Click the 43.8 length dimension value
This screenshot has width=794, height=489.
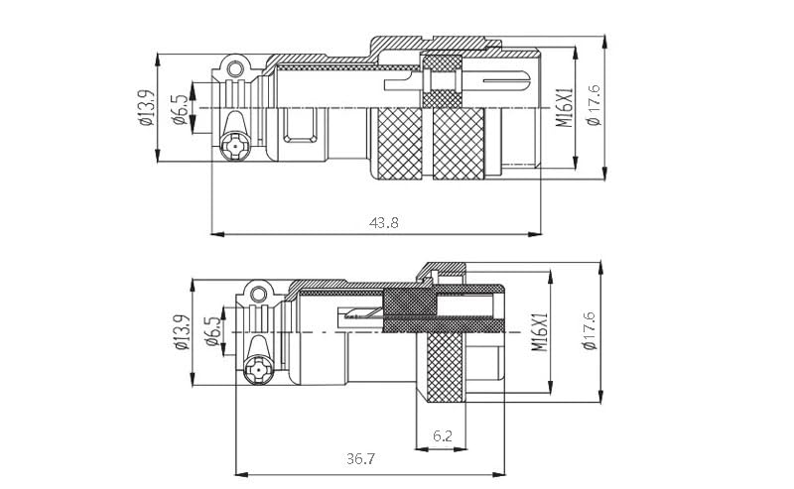point(384,223)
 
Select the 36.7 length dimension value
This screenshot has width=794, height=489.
point(360,459)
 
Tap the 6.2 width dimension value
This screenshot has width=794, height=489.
point(442,435)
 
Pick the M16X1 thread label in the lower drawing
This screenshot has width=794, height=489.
point(540,332)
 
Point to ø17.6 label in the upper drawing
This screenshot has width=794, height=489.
point(593,105)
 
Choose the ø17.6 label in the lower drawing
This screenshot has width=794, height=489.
point(591,330)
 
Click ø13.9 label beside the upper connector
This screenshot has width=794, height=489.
point(145,107)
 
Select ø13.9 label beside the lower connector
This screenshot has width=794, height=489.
point(181,332)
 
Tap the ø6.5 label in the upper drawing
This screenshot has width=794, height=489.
point(180,108)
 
